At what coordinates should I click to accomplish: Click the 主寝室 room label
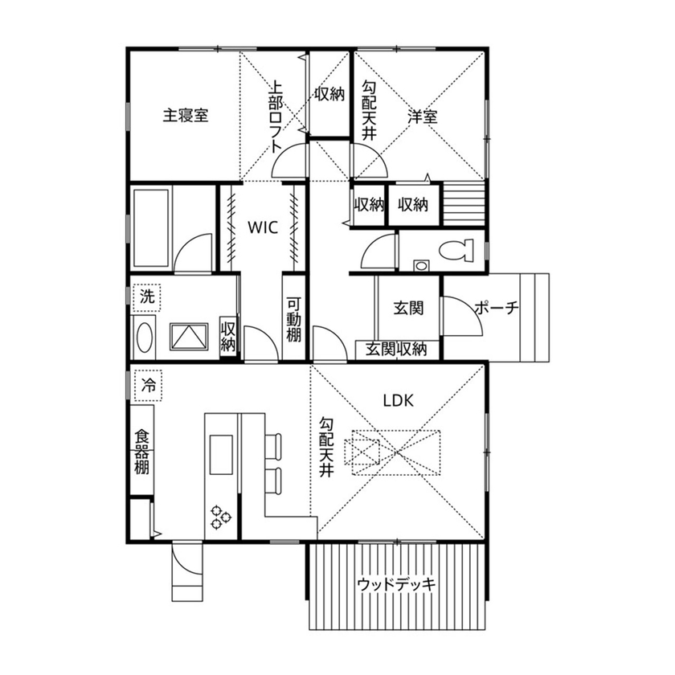186,116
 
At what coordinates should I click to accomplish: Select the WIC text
262,227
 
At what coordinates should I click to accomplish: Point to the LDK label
398,401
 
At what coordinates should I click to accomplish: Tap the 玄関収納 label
397,350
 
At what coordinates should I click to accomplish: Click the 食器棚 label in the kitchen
141,451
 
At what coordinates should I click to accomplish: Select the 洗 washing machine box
146,296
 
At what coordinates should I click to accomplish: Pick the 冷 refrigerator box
148,385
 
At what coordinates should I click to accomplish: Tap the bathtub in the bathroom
150,230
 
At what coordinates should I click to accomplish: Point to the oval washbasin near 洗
145,337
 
